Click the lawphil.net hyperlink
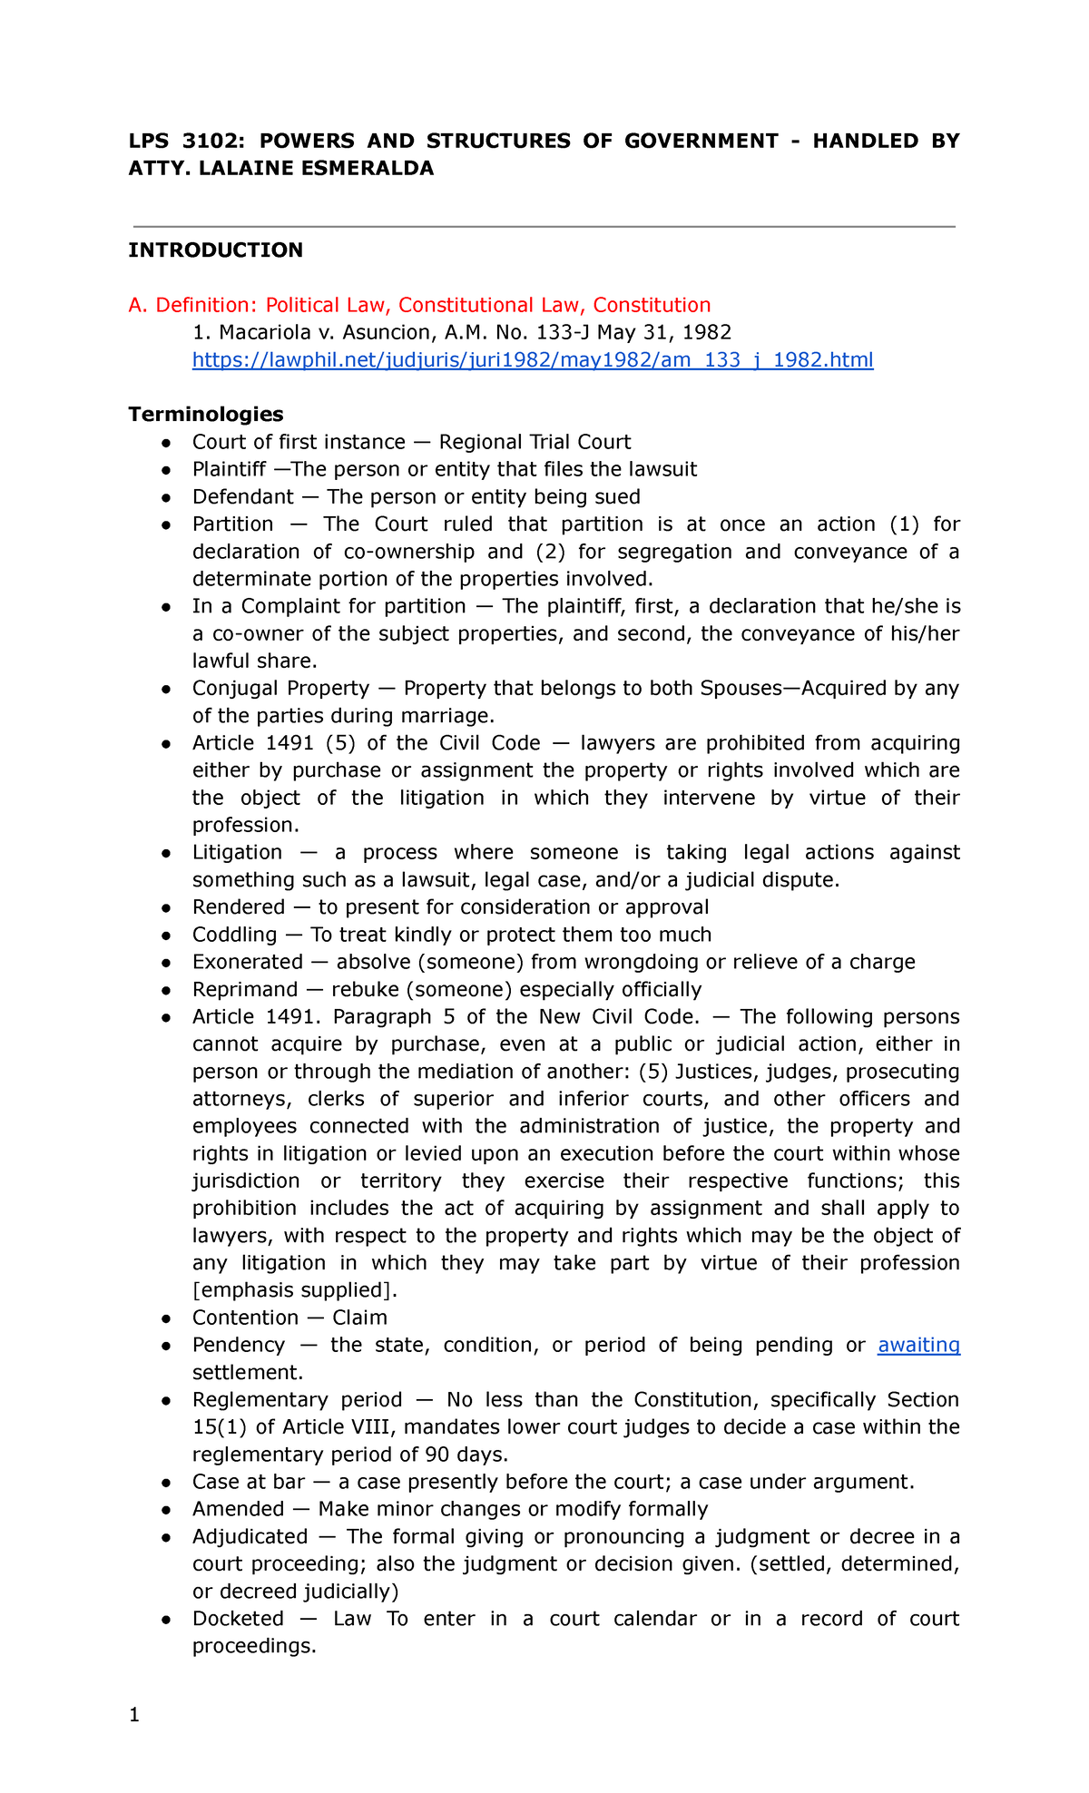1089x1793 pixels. point(533,360)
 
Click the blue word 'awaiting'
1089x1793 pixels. point(918,1345)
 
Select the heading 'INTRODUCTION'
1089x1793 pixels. point(215,250)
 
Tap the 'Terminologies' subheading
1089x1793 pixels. point(205,415)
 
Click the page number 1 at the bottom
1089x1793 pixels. point(134,1714)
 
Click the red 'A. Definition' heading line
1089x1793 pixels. point(419,305)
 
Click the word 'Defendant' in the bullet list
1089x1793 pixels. point(242,496)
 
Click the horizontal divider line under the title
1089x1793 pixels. point(544,226)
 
